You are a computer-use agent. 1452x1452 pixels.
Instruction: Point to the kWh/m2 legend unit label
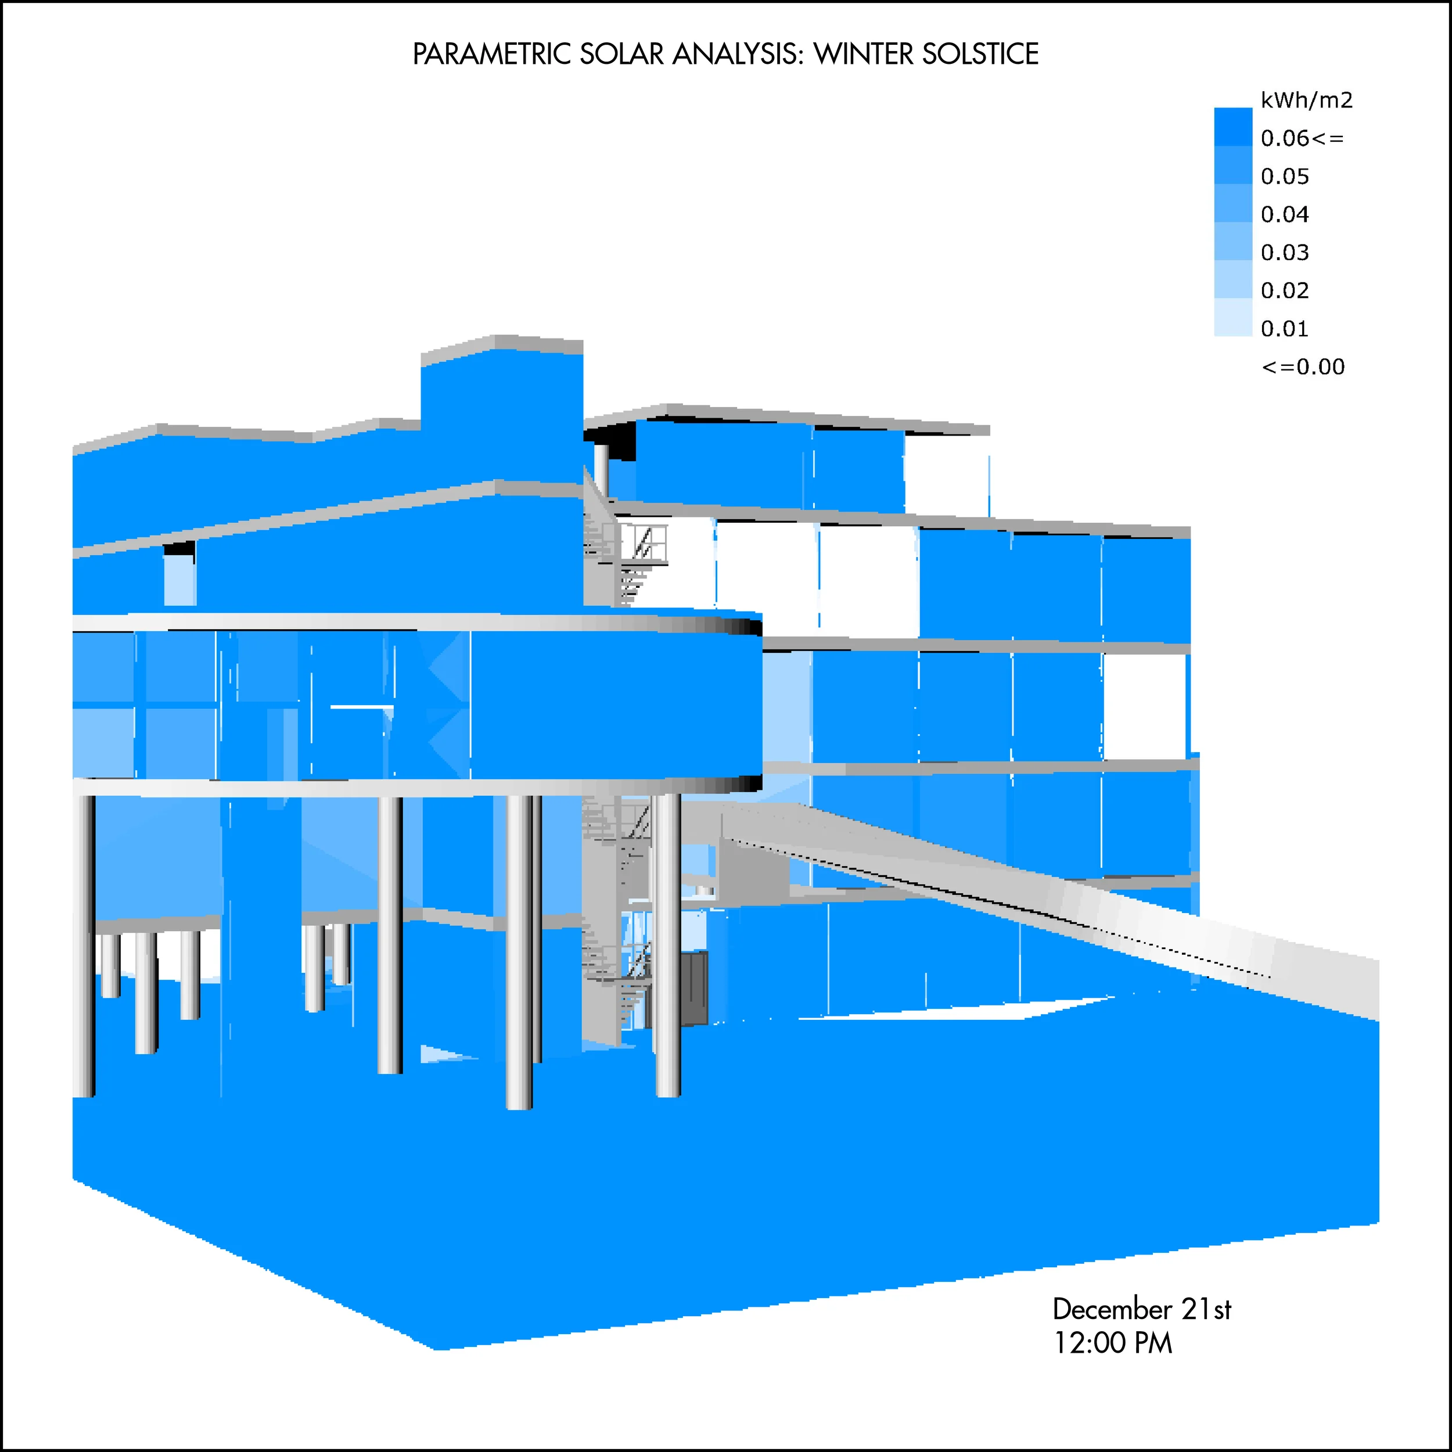point(1306,100)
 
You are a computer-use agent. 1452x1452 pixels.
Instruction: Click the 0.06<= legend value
point(1302,138)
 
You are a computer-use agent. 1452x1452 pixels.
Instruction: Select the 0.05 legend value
point(1284,177)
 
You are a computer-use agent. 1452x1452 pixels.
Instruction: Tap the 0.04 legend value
point(1284,215)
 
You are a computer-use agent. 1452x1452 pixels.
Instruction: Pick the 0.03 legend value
point(1284,253)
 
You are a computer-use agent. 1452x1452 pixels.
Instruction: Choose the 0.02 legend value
point(1284,291)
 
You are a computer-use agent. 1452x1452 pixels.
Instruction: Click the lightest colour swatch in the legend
point(1232,318)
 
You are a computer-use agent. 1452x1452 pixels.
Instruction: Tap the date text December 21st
point(1141,1310)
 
